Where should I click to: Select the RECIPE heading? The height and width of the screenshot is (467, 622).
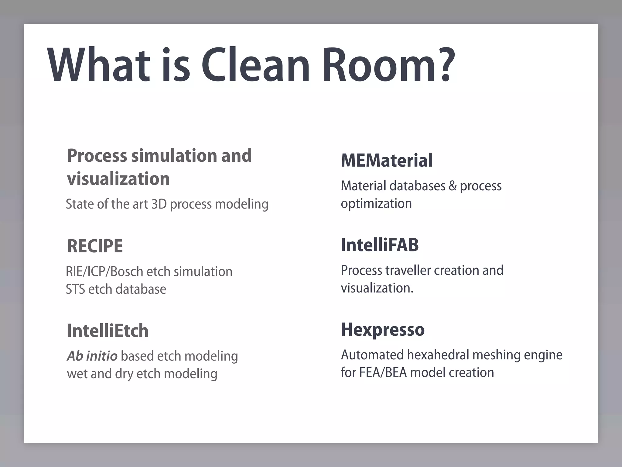(95, 246)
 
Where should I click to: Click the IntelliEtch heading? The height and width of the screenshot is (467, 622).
(108, 330)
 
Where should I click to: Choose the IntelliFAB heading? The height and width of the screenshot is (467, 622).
(380, 245)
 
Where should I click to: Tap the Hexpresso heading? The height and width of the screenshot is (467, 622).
(383, 329)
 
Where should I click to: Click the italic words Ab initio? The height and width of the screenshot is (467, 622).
(92, 356)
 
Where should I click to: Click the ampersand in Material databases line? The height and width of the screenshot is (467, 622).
(453, 186)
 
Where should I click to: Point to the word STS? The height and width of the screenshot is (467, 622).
(75, 289)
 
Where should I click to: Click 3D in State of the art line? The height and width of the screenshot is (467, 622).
(159, 204)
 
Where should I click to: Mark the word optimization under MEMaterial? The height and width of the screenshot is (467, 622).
(376, 203)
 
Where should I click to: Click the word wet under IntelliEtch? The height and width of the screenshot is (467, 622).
(77, 374)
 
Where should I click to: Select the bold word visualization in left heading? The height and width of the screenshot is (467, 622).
(118, 178)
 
